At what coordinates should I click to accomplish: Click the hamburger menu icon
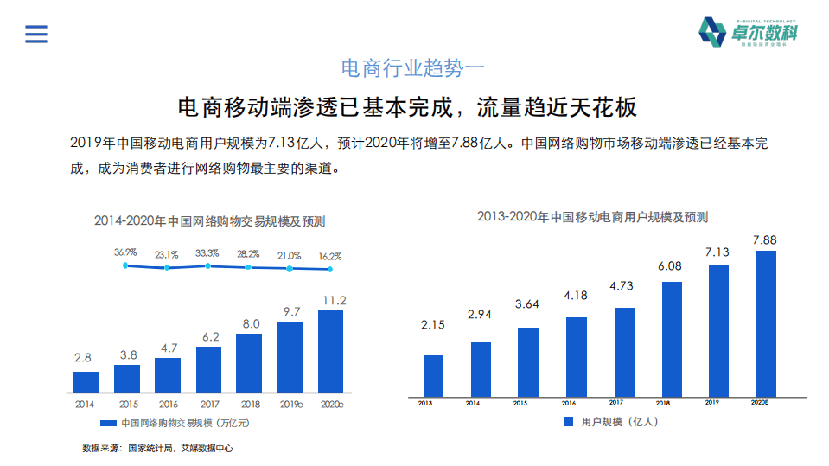pyautogui.click(x=36, y=34)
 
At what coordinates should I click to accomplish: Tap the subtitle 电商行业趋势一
pyautogui.click(x=415, y=67)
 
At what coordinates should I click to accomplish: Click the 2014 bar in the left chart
pyautogui.click(x=85, y=381)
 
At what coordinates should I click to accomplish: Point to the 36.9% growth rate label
pyautogui.click(x=125, y=252)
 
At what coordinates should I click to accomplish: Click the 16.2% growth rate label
pyautogui.click(x=329, y=256)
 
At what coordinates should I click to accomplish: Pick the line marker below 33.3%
pyautogui.click(x=207, y=266)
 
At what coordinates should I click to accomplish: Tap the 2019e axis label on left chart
pyautogui.click(x=290, y=404)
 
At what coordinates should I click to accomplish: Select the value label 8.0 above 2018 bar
pyautogui.click(x=250, y=324)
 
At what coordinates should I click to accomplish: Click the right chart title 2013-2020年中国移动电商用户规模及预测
pyautogui.click(x=592, y=217)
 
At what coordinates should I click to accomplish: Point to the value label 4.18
pyautogui.click(x=576, y=296)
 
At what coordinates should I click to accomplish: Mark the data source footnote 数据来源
pyautogui.click(x=157, y=448)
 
